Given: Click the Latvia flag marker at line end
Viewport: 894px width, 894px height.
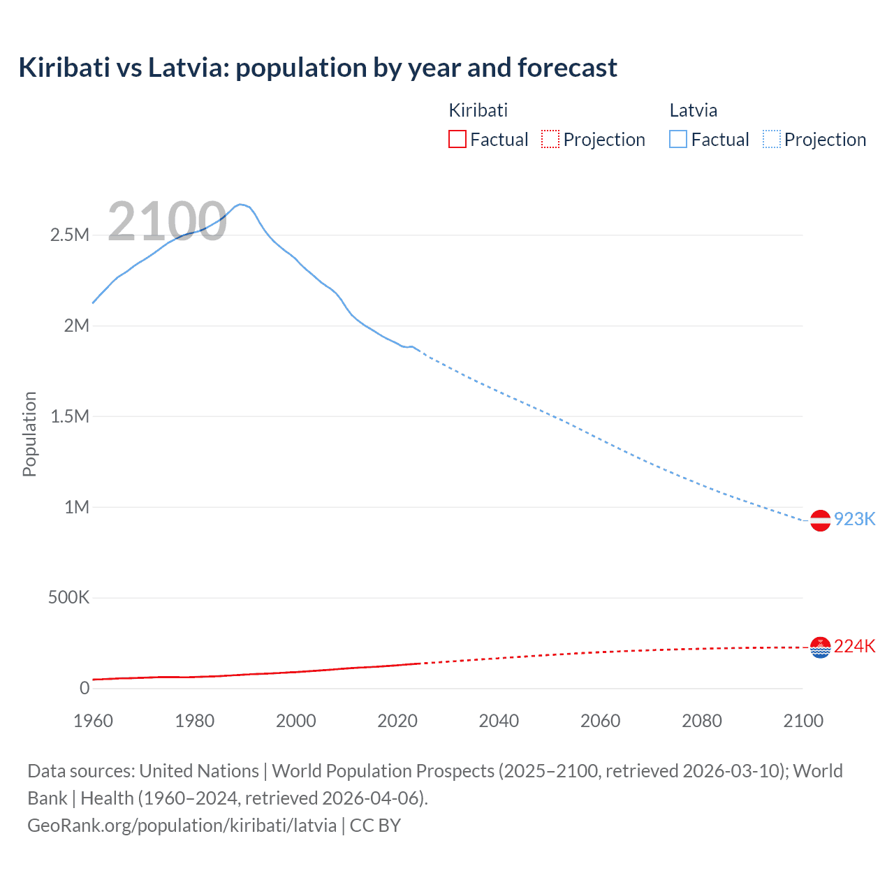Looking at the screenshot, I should pyautogui.click(x=820, y=520).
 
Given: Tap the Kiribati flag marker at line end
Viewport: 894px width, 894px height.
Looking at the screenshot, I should pyautogui.click(x=820, y=647).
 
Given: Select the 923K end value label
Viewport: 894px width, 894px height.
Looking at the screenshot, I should pyautogui.click(x=855, y=519).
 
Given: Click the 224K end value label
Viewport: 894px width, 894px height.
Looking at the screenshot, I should pyautogui.click(x=855, y=646).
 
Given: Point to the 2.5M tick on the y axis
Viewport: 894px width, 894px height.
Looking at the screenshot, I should pyautogui.click(x=70, y=235).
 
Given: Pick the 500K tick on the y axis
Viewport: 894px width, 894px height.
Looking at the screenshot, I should pyautogui.click(x=68, y=598).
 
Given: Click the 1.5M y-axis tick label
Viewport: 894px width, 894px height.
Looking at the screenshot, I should pyautogui.click(x=70, y=416).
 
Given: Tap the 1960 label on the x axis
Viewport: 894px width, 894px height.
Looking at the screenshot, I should pyautogui.click(x=93, y=721).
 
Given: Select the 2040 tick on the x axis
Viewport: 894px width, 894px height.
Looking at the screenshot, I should pyautogui.click(x=499, y=721).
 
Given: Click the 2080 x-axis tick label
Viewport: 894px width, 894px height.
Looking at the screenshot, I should pyautogui.click(x=702, y=721).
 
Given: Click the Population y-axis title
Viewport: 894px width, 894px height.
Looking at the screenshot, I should pyautogui.click(x=29, y=434).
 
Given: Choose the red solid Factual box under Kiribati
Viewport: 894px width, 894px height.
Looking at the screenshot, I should pyautogui.click(x=457, y=139).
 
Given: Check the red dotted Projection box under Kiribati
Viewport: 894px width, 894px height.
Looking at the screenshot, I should pyautogui.click(x=550, y=139).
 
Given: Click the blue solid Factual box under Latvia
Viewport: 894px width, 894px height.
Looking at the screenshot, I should pyautogui.click(x=678, y=139).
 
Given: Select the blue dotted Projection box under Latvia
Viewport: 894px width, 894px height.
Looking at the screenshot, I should pyautogui.click(x=772, y=139).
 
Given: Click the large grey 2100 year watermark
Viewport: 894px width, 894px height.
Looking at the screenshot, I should pyautogui.click(x=167, y=221).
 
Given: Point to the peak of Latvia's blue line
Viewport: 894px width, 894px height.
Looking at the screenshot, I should pyautogui.click(x=240, y=205).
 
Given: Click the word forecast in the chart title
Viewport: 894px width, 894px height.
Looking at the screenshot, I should pyautogui.click(x=567, y=68).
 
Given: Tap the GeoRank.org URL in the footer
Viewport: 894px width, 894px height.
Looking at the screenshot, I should pyautogui.click(x=182, y=826).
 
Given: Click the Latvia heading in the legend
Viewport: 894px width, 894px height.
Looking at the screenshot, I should pyautogui.click(x=693, y=110).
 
